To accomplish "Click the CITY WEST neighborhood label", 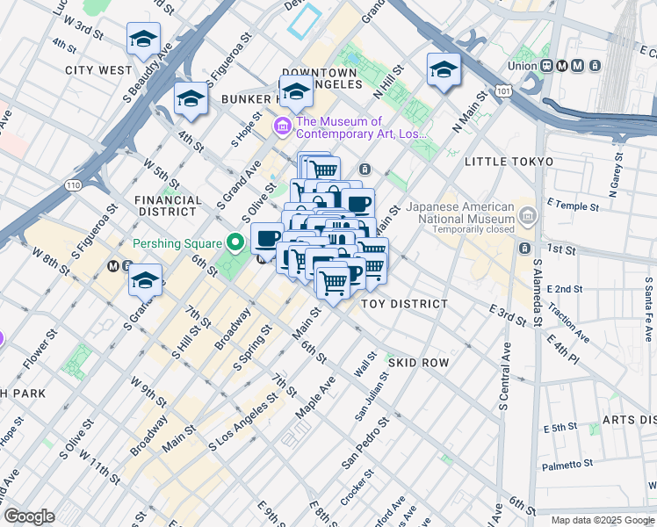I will coord(98,69).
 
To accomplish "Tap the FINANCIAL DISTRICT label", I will coord(167,206).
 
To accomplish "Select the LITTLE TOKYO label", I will coord(509,162).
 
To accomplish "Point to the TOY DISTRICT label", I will coord(405,303).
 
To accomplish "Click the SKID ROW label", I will coord(418,362).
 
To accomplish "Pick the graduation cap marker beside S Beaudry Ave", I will coord(143,40).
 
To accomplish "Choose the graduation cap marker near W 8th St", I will coord(146,282).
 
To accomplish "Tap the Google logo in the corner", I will coord(29,516).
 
